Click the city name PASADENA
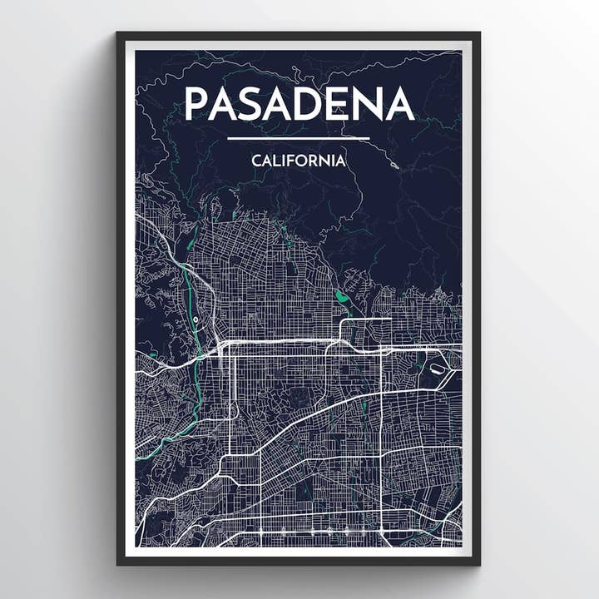[299, 103]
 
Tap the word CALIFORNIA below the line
[299, 161]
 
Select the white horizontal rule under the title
[298, 138]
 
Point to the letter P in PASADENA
[196, 103]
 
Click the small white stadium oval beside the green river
[195, 319]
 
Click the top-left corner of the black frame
[117, 33]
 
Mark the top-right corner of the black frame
[479, 33]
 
